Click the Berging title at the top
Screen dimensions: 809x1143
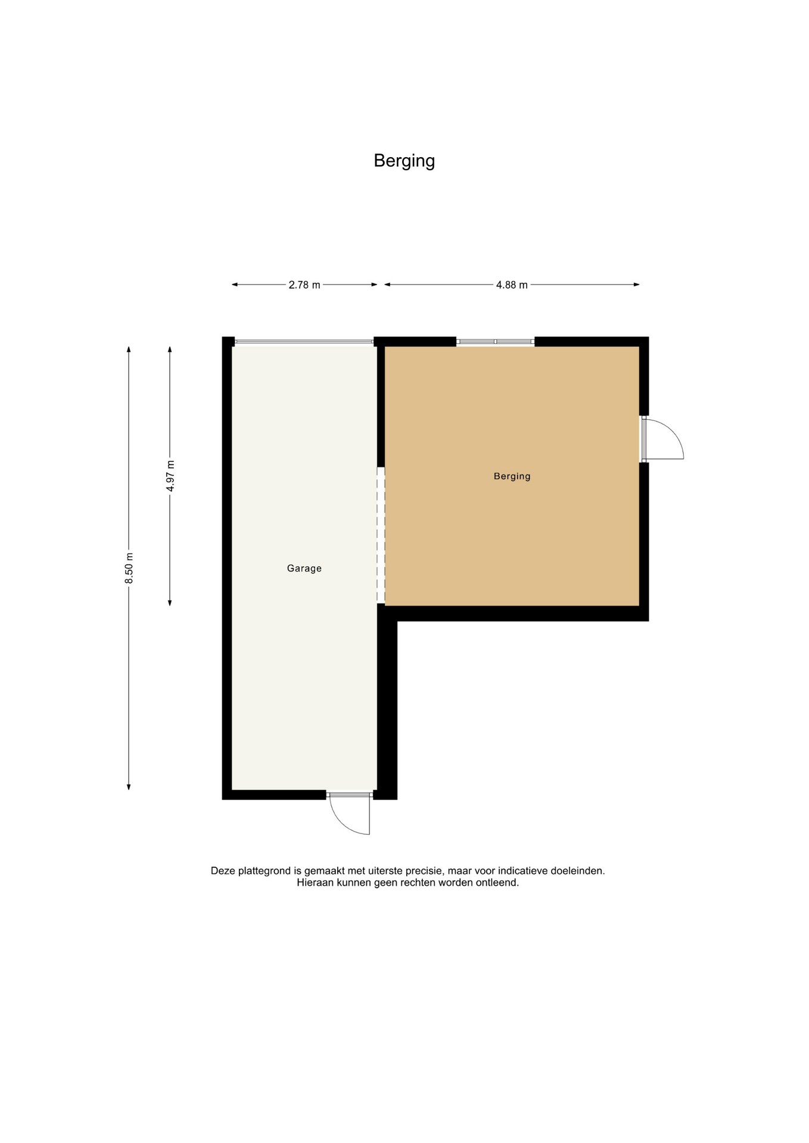click(x=404, y=161)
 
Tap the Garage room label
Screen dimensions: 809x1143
click(x=304, y=569)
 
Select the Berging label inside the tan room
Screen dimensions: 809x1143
click(x=512, y=476)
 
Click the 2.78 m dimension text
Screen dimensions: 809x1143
click(x=304, y=285)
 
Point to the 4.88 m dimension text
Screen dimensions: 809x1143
click(x=512, y=285)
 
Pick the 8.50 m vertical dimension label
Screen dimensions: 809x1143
click(x=129, y=568)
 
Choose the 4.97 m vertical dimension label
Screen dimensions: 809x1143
click(x=170, y=476)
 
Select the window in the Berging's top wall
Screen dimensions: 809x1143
click(x=495, y=342)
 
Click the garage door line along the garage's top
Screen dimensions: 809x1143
click(x=304, y=342)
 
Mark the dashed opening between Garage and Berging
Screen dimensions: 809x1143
click(x=381, y=535)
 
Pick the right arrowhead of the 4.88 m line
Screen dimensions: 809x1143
click(x=636, y=285)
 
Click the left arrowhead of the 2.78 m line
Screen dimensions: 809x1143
click(x=235, y=285)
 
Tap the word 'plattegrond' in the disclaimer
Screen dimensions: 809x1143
click(x=264, y=870)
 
